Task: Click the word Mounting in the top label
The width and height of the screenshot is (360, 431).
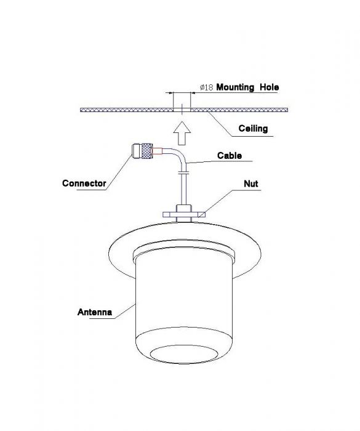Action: point(235,87)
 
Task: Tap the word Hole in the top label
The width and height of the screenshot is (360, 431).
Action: point(270,87)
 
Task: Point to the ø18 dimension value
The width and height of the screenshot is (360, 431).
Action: point(206,87)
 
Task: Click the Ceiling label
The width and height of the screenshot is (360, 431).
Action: point(253,128)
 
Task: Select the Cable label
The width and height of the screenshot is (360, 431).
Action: point(230,156)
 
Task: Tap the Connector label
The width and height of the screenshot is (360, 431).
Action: point(84,183)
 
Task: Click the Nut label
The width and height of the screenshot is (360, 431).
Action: point(251,183)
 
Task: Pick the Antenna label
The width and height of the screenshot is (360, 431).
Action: point(95,312)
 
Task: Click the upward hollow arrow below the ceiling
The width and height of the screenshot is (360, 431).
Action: point(182,134)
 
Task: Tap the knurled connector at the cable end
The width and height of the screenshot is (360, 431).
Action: point(142,151)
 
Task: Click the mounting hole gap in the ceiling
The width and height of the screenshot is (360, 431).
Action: point(182,110)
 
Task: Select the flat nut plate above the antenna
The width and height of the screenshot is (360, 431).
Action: point(184,214)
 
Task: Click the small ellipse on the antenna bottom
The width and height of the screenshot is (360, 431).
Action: point(184,354)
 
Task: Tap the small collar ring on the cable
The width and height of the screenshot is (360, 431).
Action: point(183,172)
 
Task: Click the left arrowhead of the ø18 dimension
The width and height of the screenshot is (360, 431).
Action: point(171,93)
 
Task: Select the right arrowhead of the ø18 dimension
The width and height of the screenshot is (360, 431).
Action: point(193,93)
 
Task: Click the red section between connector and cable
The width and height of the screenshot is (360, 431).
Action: point(158,151)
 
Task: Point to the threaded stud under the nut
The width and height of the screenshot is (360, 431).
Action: point(184,219)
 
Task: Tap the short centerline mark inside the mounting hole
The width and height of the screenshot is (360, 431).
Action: point(182,108)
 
